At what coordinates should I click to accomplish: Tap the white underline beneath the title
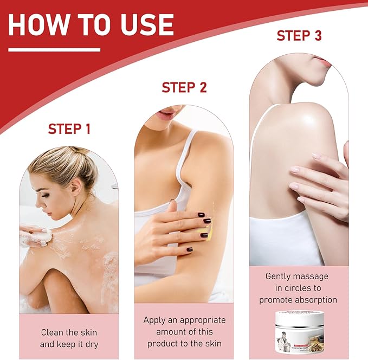[54, 50]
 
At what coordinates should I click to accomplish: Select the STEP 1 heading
[69, 129]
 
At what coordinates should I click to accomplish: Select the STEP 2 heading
[184, 87]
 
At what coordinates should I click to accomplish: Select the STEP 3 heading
[299, 36]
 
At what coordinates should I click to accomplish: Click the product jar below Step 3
[299, 332]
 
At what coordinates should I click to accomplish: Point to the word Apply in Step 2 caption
[154, 320]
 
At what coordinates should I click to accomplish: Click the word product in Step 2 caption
[162, 344]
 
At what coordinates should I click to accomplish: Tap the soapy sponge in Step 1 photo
[39, 237]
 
